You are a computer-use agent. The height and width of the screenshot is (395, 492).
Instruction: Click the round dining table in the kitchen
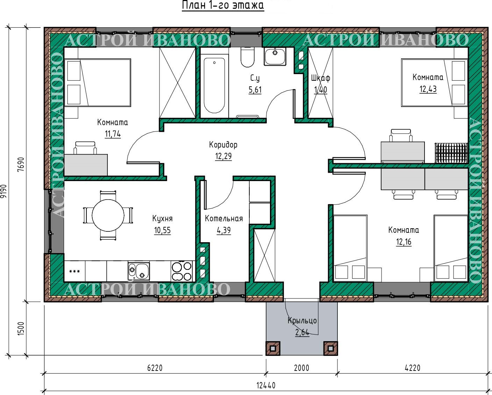[x=108, y=215]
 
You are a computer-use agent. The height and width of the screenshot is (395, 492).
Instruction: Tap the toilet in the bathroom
[x=247, y=57]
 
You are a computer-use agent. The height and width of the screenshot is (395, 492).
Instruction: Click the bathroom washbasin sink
[x=275, y=56]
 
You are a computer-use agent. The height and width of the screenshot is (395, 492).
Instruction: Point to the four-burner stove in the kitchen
[x=181, y=271]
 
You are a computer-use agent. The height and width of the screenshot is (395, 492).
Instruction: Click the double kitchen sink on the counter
[x=138, y=271]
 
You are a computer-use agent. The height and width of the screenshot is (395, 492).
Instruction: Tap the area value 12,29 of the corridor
[x=223, y=156]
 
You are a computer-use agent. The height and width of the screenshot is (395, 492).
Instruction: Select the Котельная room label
[x=223, y=218]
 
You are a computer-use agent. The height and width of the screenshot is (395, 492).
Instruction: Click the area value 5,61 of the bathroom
[x=255, y=89]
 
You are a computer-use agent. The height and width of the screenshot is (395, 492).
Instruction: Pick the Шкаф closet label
[x=321, y=78]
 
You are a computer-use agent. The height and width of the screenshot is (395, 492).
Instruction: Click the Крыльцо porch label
[x=302, y=321]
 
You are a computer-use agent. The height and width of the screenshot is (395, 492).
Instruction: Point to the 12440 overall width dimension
[x=266, y=386]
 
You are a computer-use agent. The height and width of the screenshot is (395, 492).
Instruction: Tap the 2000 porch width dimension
[x=301, y=368]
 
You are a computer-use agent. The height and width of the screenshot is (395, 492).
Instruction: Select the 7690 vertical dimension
[x=21, y=164]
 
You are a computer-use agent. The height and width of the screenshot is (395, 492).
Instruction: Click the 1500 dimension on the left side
[x=21, y=329]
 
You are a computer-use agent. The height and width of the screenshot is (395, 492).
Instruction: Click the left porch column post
[x=273, y=349]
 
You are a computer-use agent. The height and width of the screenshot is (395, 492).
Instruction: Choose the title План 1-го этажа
[x=223, y=5]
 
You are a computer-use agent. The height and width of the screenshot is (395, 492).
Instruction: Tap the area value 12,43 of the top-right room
[x=428, y=89]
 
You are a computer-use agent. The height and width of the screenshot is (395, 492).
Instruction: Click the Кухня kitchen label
[x=162, y=218]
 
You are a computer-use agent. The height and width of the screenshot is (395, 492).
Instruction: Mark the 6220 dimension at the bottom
[x=155, y=368]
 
